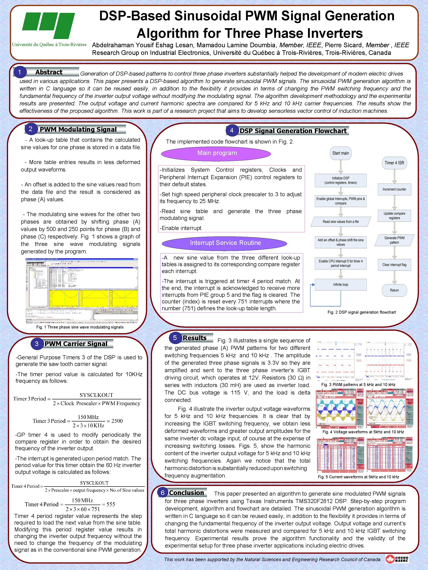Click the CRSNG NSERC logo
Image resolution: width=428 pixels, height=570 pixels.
(397, 559)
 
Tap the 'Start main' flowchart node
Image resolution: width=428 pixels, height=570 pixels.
(341, 153)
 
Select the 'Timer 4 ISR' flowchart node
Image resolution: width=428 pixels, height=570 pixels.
(394, 163)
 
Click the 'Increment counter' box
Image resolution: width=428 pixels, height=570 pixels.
(394, 189)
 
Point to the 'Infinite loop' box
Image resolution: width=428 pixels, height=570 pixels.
(341, 284)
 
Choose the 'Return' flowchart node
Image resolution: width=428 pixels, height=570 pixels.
(394, 290)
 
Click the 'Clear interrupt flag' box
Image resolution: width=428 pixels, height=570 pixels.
(394, 265)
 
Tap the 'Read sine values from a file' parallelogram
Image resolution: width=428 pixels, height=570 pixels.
(341, 222)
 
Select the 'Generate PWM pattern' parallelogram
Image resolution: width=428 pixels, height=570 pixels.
(394, 240)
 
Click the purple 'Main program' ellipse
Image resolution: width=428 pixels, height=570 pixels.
(216, 153)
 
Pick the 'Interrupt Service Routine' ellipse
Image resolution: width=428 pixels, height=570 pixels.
(224, 243)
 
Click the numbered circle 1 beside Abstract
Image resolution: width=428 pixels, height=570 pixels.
(20, 72)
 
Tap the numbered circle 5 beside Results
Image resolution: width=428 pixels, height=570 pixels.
(175, 338)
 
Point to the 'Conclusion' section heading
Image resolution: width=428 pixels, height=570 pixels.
(186, 492)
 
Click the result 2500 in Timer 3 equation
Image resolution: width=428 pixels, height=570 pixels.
(117, 421)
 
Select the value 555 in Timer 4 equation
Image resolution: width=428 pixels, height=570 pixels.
(111, 504)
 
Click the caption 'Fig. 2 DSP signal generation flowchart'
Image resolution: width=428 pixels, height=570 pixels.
(361, 312)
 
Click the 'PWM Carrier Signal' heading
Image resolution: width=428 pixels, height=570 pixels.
(76, 344)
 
